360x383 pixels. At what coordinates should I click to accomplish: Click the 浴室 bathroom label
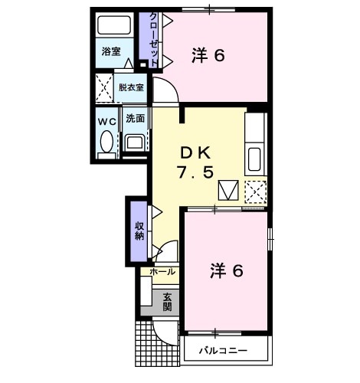pos(111,51)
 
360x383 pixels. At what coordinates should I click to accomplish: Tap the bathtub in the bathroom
pos(114,25)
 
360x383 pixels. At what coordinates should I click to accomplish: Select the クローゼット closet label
pos(153,40)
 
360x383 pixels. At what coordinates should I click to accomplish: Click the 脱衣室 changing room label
pos(131,87)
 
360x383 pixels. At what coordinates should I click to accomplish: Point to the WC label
pos(107,122)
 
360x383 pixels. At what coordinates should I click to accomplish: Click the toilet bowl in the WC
pos(106,142)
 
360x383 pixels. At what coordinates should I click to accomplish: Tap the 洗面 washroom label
pos(136,119)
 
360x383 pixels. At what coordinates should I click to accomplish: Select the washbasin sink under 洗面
pos(135,142)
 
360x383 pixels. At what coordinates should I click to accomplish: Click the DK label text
pos(195,153)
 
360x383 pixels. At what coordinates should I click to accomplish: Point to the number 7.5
pos(195,172)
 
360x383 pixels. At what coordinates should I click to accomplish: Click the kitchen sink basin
pos(254,159)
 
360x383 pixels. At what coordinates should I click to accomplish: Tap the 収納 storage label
pos(139,231)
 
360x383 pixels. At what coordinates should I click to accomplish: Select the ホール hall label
pos(162,272)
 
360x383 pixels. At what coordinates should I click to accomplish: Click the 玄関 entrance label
pos(167,303)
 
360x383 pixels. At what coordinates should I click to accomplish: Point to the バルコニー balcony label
pos(223,350)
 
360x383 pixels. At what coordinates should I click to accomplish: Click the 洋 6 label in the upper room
pos(208,55)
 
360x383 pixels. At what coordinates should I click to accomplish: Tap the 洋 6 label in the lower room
pos(227,271)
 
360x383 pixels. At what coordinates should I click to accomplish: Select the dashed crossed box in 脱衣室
pos(104,87)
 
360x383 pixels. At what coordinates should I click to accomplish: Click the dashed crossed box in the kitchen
pos(256,191)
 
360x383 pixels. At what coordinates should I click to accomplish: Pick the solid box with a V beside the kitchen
pos(228,190)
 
